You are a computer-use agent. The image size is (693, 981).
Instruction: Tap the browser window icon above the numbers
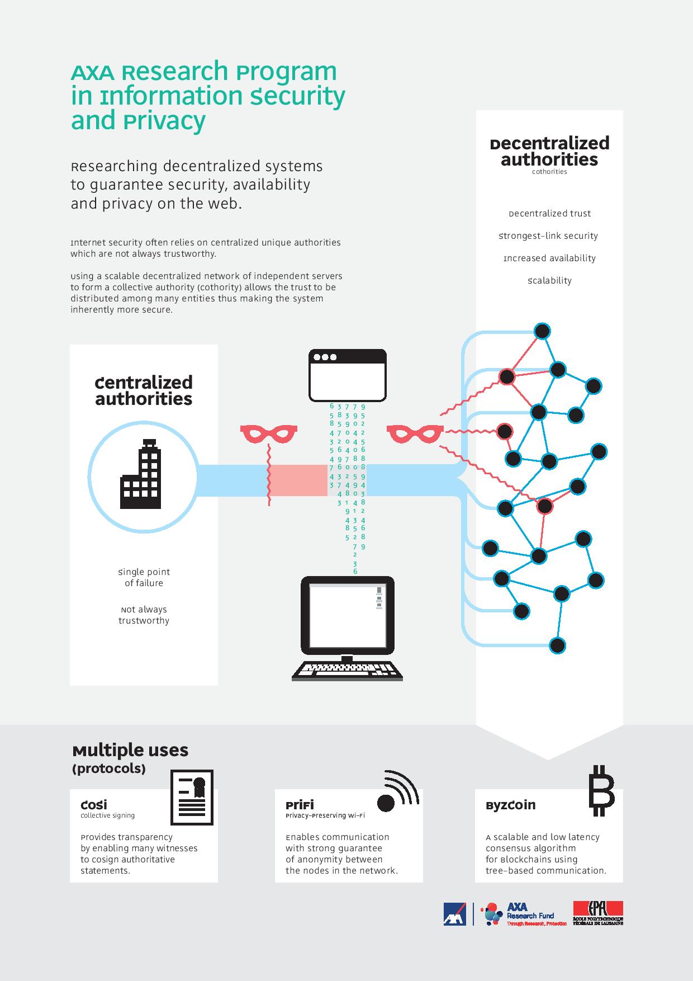point(348,375)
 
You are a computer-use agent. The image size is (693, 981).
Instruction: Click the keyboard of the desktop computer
point(347,671)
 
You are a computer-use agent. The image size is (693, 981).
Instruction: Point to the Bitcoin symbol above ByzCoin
point(601,790)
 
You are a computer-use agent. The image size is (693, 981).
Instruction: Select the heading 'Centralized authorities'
point(144,390)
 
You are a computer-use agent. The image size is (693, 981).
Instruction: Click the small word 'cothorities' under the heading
point(549,172)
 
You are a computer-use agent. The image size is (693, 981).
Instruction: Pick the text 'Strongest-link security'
point(548,236)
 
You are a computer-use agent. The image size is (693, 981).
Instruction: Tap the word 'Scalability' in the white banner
point(549,281)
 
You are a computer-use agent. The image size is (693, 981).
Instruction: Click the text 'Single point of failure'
point(144,577)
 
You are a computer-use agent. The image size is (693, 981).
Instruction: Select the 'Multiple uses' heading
point(130,750)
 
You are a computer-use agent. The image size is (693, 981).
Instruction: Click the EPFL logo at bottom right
point(598,913)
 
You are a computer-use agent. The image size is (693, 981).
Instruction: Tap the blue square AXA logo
point(455,914)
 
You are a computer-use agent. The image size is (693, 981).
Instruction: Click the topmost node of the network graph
point(542,331)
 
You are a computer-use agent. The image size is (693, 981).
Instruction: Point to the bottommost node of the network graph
point(557,645)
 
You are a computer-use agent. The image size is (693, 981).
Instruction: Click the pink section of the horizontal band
point(298,480)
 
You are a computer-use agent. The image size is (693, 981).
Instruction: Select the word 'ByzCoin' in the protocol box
point(510,805)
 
